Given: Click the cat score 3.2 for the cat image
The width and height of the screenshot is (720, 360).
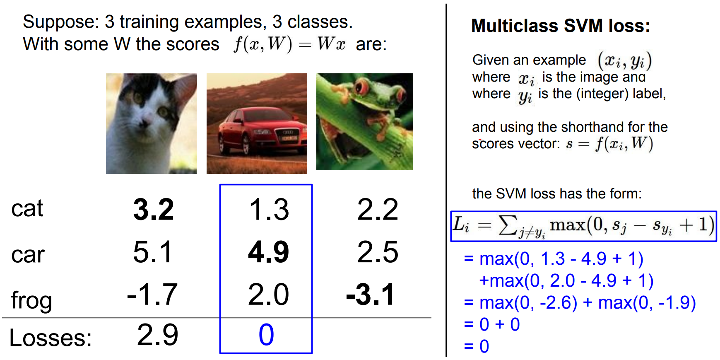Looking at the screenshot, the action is tap(154, 210).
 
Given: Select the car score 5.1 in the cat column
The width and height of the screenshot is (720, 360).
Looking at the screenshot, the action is tap(152, 252).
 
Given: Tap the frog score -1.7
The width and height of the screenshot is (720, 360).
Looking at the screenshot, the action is tap(152, 295).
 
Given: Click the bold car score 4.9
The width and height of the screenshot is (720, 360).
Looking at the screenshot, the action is tap(268, 252).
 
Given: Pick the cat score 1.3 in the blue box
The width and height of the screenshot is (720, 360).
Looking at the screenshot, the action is tap(269, 210).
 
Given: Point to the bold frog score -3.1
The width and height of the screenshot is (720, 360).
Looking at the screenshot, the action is tap(370, 295).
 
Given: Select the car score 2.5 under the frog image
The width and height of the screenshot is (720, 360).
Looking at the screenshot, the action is tap(378, 252).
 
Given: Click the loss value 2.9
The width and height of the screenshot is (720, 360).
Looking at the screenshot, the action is tap(158, 335).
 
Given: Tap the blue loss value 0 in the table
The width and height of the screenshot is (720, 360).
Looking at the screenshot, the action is tap(266, 335).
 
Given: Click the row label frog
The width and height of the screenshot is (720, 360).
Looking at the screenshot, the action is tap(31, 300).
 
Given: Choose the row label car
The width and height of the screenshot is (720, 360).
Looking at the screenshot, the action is tap(28, 254).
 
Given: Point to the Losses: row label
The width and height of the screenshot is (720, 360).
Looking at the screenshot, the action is tap(51, 338).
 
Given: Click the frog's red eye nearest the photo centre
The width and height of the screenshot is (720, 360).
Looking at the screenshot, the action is tap(362, 87).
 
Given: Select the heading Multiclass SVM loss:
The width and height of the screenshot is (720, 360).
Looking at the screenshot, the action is tap(561, 26).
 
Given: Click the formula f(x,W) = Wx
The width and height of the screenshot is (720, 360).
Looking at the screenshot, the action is tap(289, 44).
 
